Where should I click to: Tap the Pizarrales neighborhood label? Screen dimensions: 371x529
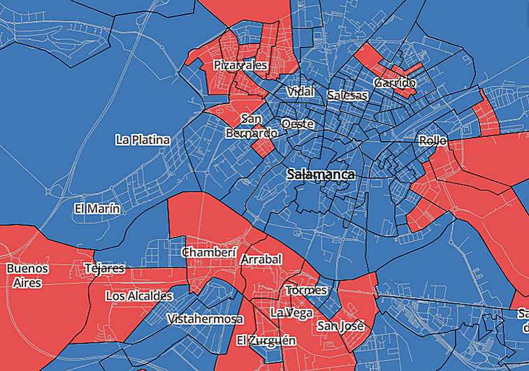point(241,65)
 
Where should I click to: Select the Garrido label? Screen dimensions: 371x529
point(395,82)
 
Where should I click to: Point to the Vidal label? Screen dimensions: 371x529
point(301,92)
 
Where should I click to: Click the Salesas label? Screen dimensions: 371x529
point(347,94)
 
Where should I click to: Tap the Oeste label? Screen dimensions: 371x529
point(297,124)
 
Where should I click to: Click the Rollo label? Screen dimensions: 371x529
point(433,140)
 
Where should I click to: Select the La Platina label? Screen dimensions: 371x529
point(143,140)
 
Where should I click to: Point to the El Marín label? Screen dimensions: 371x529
point(97,208)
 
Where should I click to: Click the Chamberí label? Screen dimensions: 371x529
point(210,252)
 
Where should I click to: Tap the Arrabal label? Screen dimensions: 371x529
point(261,259)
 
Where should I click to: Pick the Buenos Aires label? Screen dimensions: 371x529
point(27,275)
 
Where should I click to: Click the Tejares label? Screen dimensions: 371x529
point(104,268)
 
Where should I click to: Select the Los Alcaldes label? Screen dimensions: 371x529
point(139,296)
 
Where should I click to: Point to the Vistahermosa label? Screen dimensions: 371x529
point(205,319)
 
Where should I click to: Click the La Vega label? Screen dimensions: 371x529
point(291,312)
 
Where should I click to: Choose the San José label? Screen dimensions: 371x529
point(341,326)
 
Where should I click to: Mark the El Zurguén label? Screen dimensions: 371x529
point(266,340)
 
